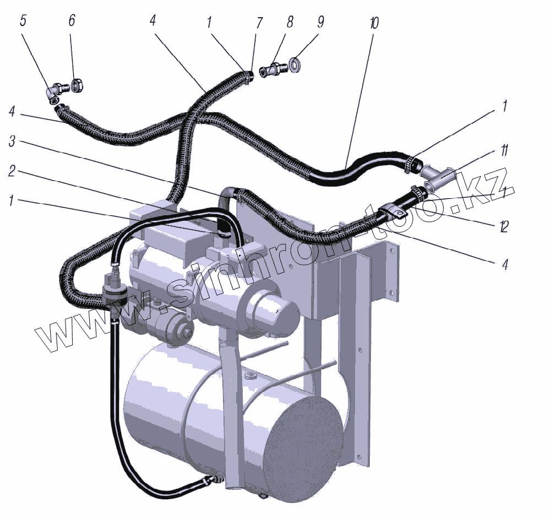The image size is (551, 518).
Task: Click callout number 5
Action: click(x=23, y=21)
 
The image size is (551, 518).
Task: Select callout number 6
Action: click(x=72, y=21)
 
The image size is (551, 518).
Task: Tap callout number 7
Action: click(x=259, y=23)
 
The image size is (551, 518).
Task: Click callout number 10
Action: click(x=374, y=23)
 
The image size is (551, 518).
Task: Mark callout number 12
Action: click(x=503, y=226)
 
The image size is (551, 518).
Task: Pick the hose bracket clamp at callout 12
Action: click(x=392, y=211)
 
